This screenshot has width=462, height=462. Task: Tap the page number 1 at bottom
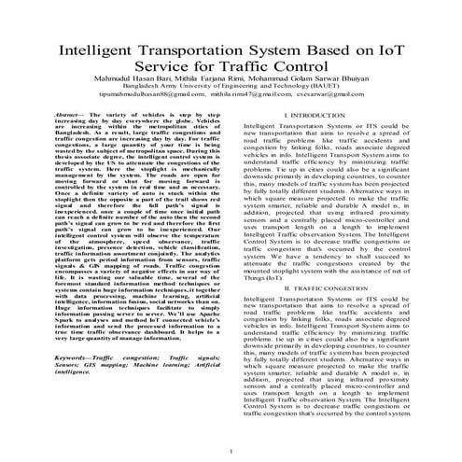231,453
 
